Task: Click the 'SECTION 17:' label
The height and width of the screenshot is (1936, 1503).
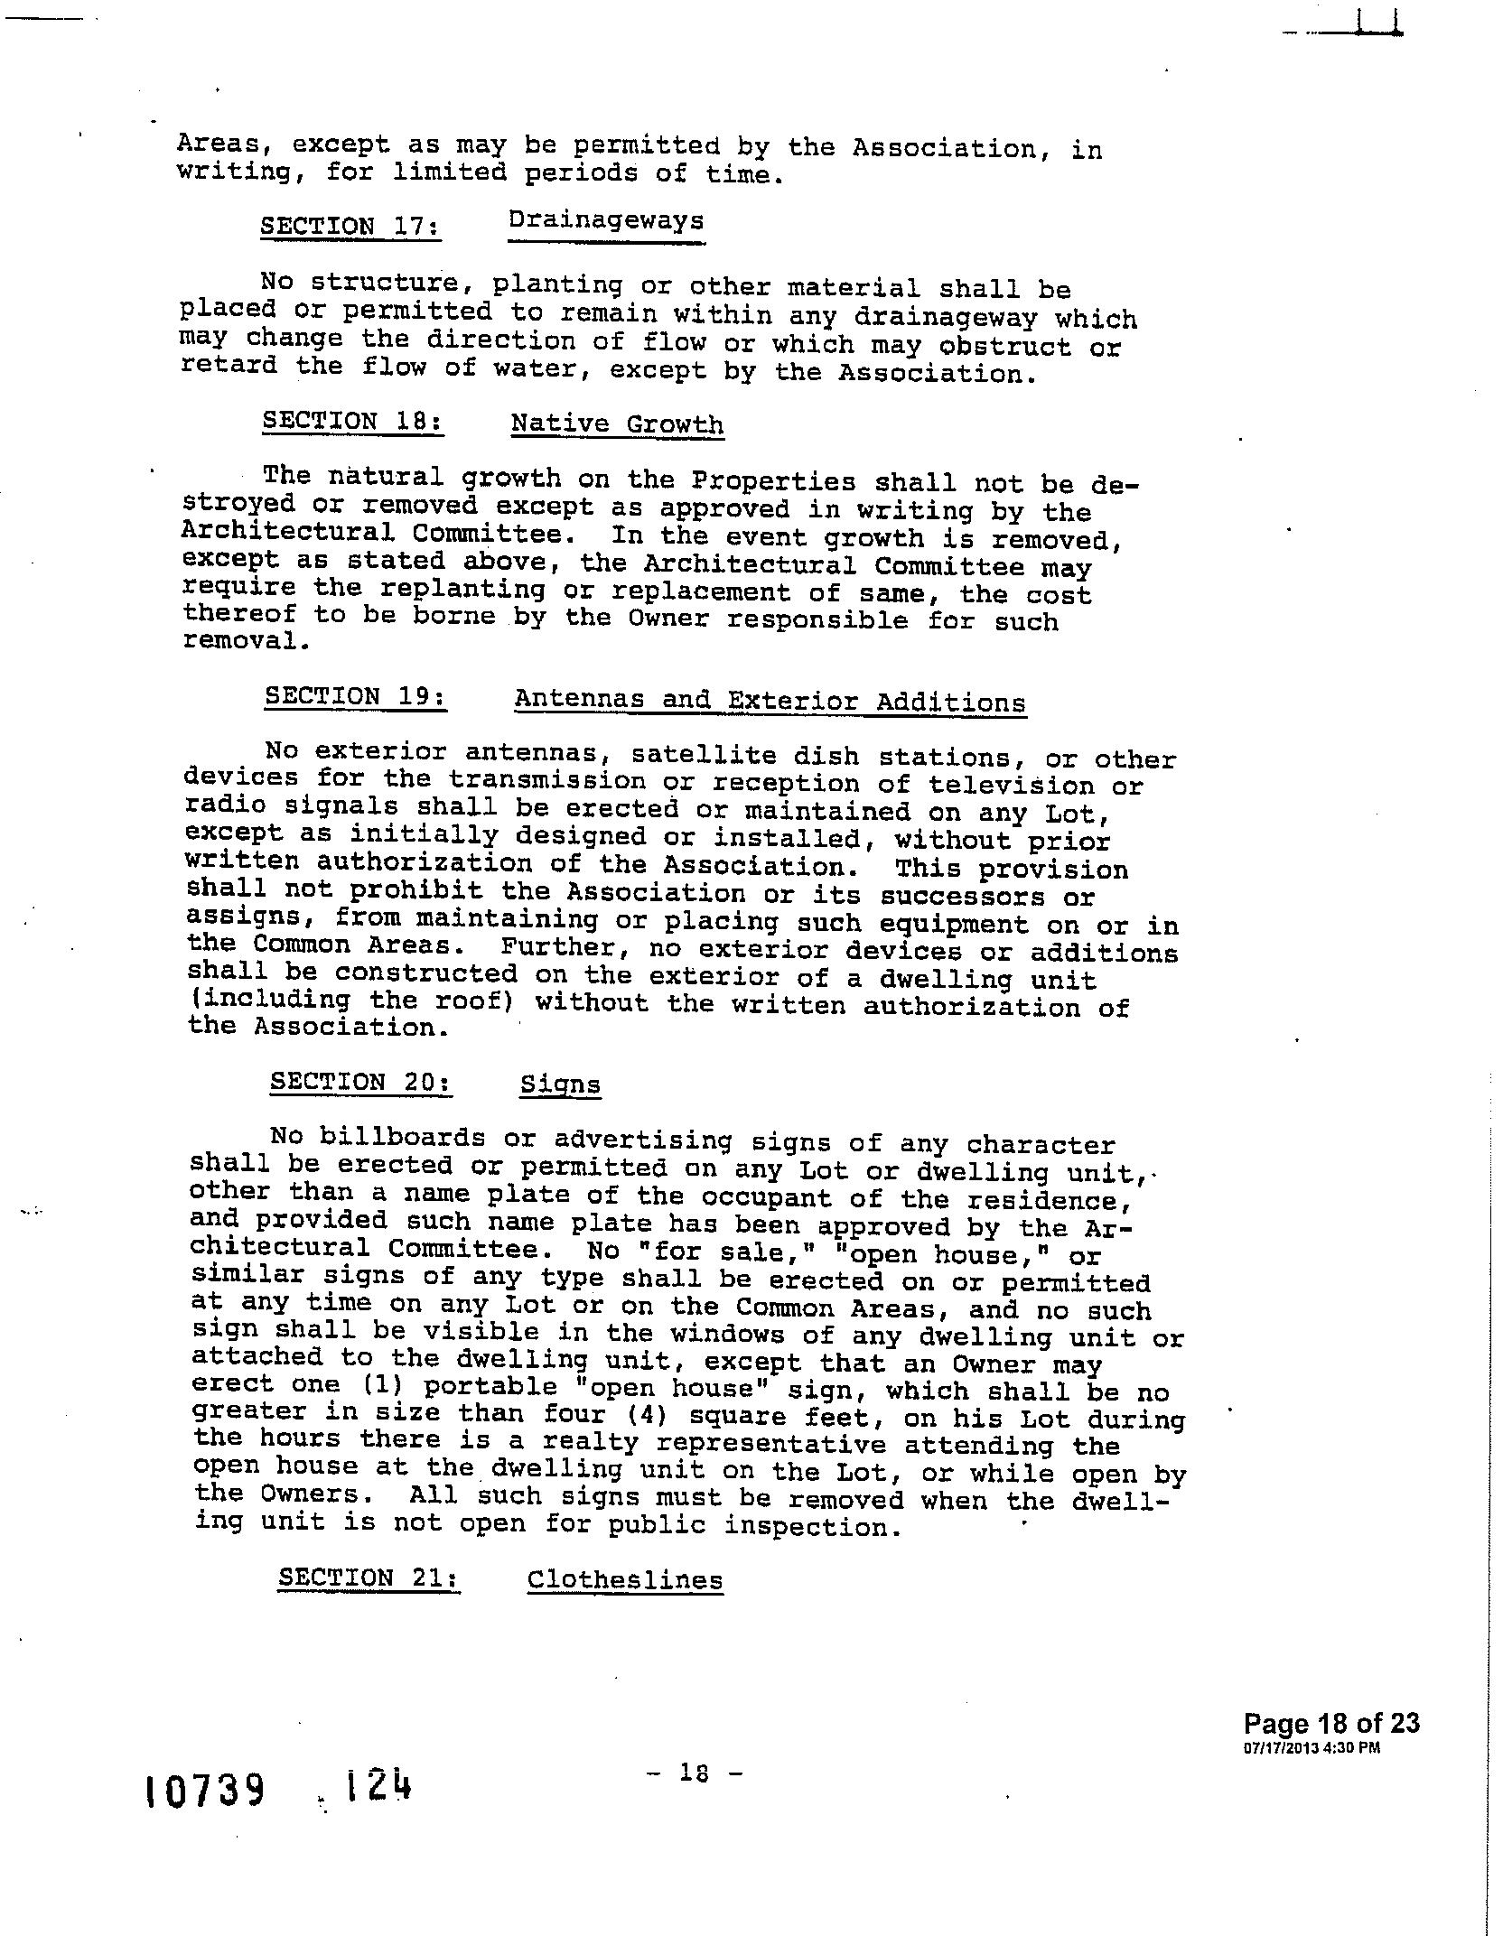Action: [x=350, y=225]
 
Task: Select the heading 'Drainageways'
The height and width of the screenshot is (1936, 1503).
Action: [x=606, y=222]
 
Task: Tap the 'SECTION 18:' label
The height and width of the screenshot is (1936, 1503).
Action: [x=353, y=422]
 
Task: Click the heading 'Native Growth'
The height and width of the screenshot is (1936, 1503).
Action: [x=617, y=424]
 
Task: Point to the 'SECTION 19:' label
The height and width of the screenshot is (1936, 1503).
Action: [x=356, y=696]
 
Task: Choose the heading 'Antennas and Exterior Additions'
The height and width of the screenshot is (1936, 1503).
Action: [x=770, y=701]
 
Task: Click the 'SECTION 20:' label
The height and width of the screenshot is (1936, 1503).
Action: [x=361, y=1081]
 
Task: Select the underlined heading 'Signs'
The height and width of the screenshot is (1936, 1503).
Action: [x=560, y=1084]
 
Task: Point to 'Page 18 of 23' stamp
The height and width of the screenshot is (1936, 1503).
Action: [x=1331, y=1723]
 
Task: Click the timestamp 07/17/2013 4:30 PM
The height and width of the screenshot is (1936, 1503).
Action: [x=1312, y=1747]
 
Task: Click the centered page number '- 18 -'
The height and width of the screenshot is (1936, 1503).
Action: [x=694, y=1773]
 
